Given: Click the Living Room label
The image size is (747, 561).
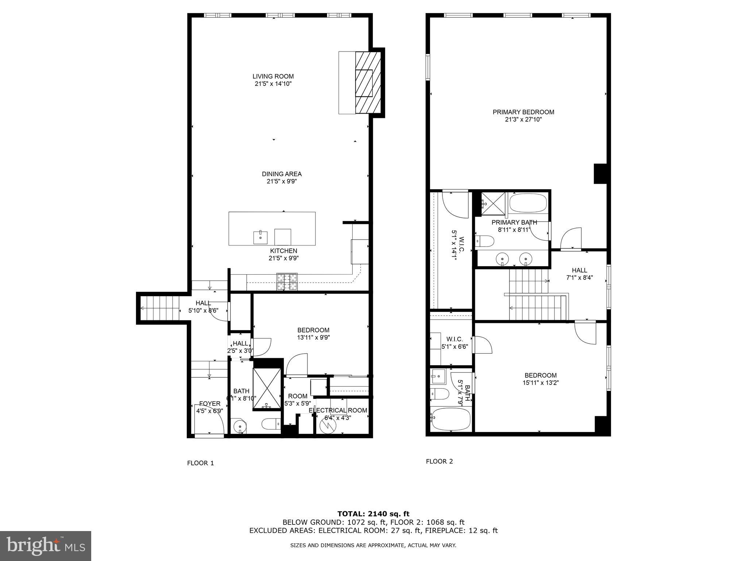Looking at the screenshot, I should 273,76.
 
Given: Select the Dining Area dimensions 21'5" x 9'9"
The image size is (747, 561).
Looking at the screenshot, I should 281,182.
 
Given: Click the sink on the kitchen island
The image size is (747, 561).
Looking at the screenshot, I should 260,237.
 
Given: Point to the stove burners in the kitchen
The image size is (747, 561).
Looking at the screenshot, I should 287,282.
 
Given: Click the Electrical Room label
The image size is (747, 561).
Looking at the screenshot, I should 338,411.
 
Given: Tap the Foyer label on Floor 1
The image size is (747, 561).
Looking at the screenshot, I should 209,404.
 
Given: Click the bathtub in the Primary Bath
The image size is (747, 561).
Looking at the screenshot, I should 528,203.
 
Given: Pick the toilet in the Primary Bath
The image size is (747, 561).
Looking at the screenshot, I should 485,241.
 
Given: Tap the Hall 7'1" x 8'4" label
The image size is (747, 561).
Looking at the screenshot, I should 579,270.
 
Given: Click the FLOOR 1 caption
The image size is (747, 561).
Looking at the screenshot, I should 200,463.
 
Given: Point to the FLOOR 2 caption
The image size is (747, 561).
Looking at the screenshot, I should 439,461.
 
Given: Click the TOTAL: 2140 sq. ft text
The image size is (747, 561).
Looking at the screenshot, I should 373,514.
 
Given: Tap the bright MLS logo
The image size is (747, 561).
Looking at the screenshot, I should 45,546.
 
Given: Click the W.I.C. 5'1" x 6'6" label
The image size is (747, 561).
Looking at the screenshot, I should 454,339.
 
